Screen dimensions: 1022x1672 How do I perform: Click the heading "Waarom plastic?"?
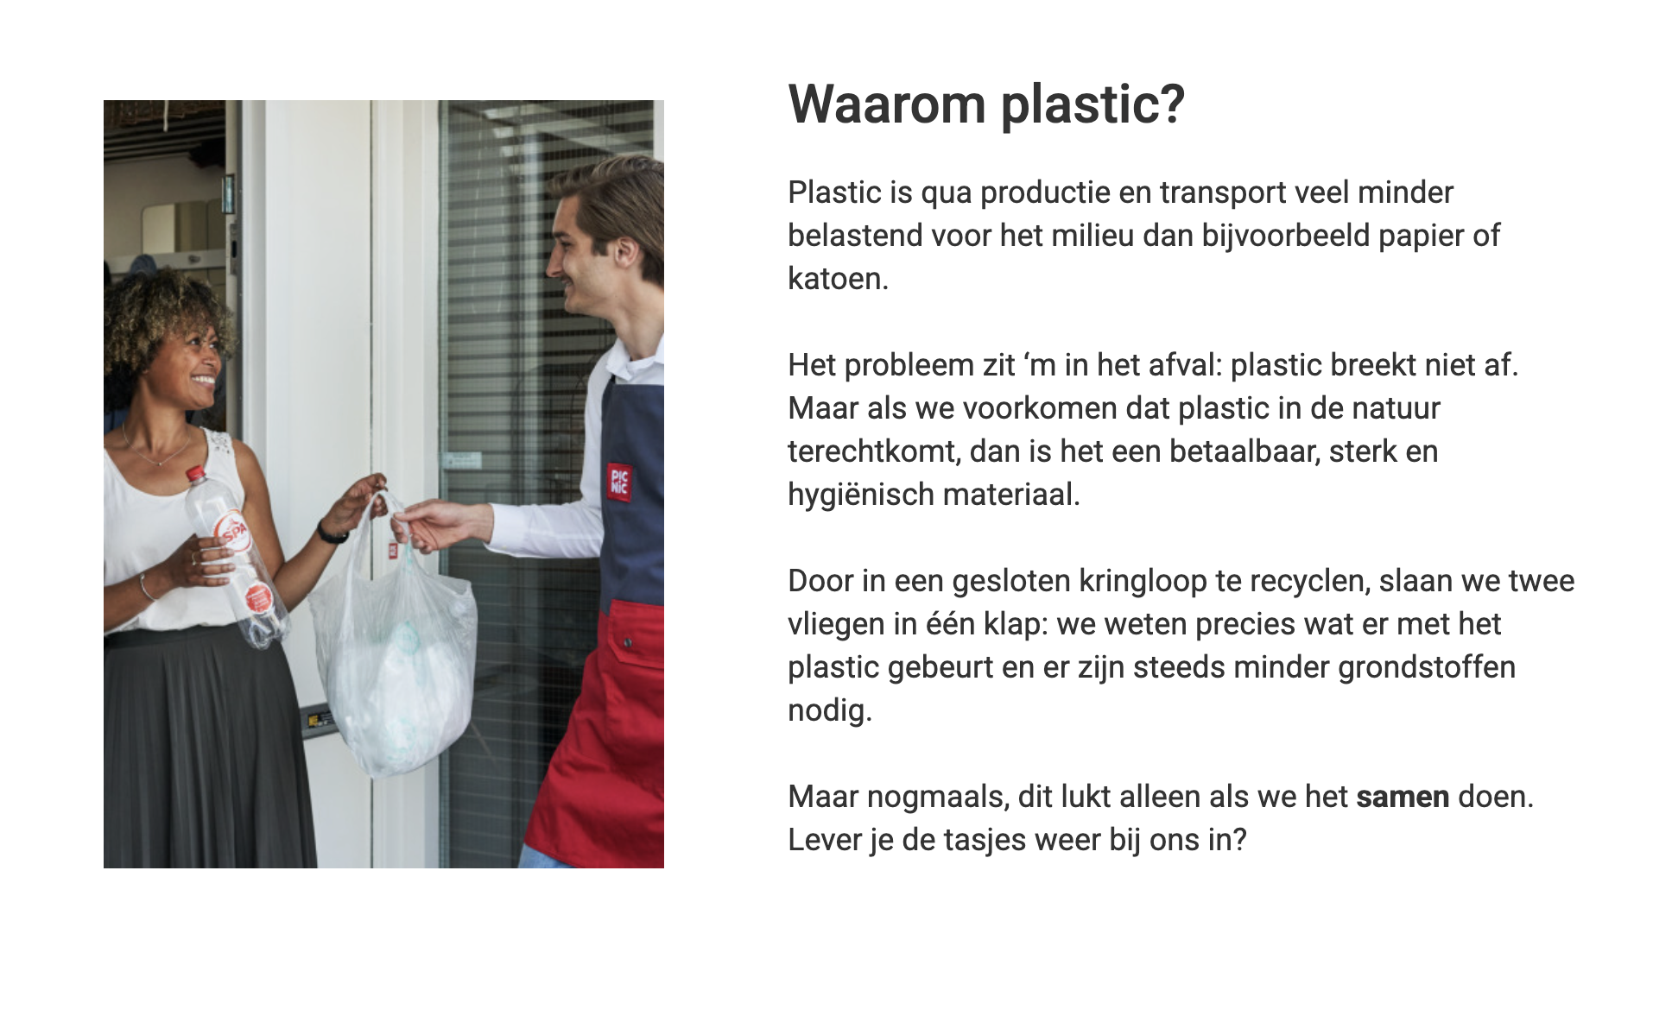pos(985,104)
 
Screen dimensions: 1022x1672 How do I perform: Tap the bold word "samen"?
pos(1402,797)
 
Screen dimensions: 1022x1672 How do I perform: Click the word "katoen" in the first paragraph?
pos(835,279)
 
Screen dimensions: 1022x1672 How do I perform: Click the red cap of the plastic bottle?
pos(196,473)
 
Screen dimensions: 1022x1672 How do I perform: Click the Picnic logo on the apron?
pos(619,481)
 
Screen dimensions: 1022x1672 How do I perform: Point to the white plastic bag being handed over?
pos(393,665)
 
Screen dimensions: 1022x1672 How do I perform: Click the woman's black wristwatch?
pos(331,533)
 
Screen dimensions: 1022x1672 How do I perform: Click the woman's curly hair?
pos(164,311)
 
